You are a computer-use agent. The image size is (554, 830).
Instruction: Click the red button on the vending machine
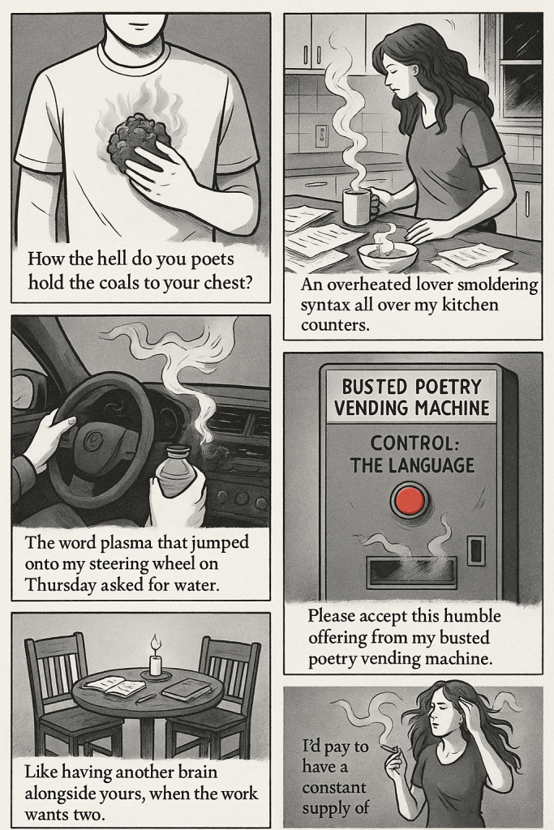[410, 500]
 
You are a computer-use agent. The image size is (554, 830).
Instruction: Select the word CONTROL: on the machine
[410, 443]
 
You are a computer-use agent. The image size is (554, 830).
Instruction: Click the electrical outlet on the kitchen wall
[321, 135]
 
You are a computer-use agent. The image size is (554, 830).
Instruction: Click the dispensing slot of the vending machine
[411, 571]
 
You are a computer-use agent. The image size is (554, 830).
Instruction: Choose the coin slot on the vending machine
[476, 550]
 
